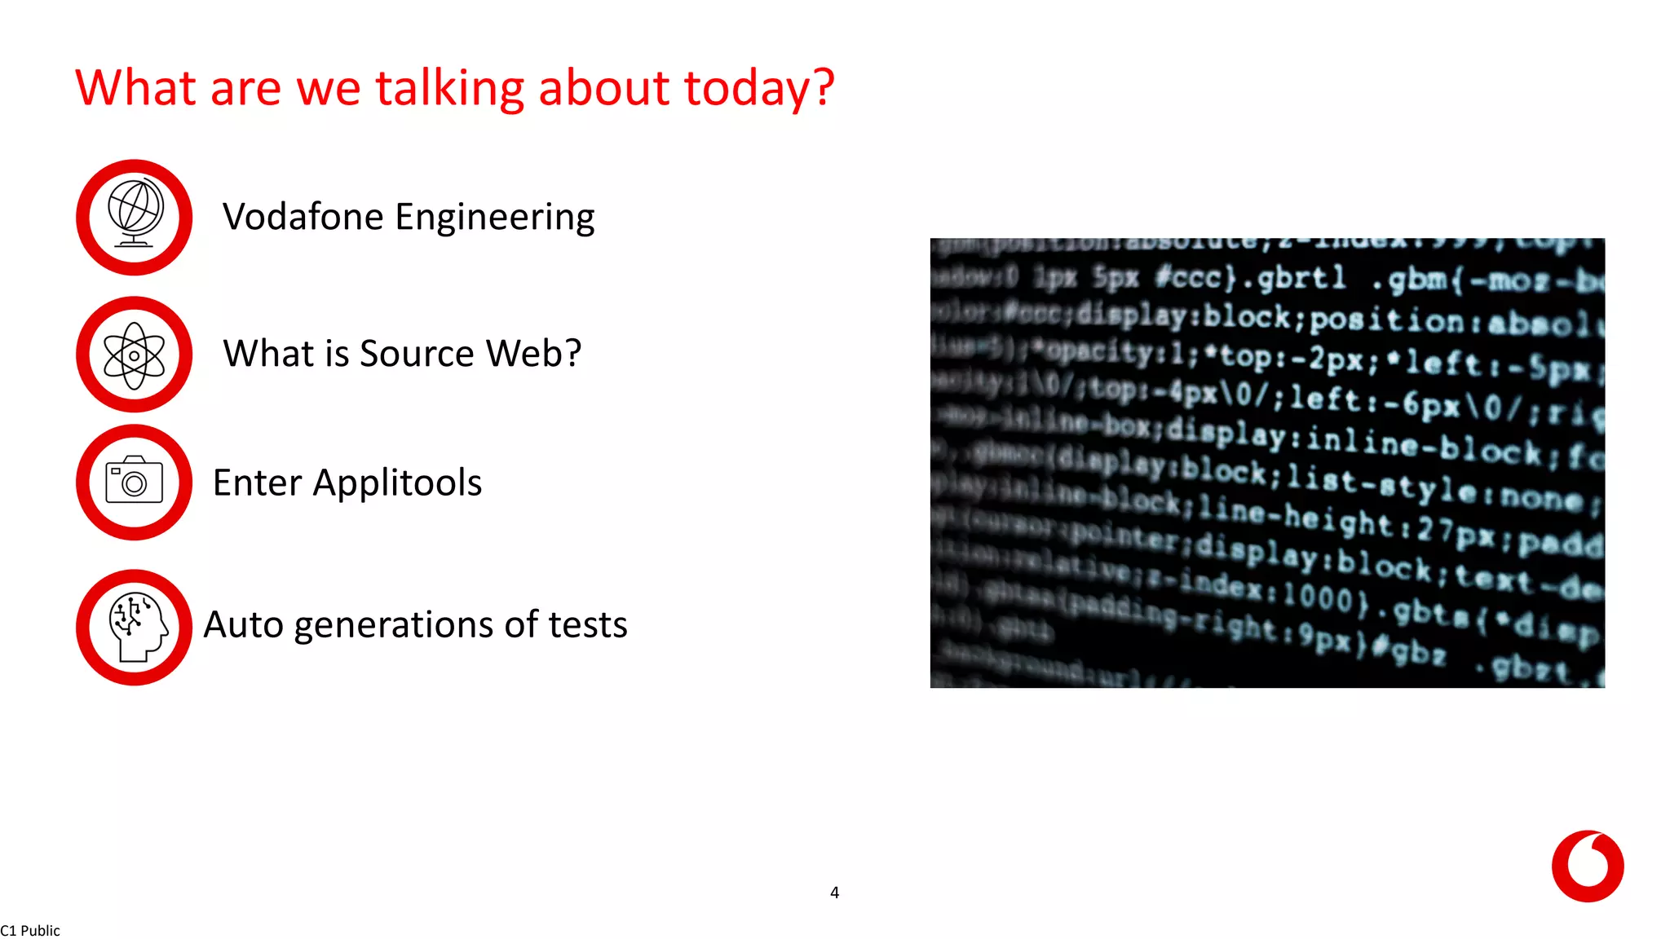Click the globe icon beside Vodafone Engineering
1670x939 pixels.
pyautogui.click(x=135, y=217)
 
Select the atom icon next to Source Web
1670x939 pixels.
pyautogui.click(x=135, y=355)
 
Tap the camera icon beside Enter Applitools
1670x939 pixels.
pyautogui.click(x=135, y=483)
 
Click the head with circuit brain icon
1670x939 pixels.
pyautogui.click(x=135, y=627)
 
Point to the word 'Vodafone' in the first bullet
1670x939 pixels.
pyautogui.click(x=303, y=217)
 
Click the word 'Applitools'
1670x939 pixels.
pyautogui.click(x=397, y=483)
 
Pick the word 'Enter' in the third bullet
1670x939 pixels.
pyautogui.click(x=258, y=483)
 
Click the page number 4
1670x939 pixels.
pyautogui.click(x=834, y=893)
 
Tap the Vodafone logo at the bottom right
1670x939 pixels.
pyautogui.click(x=1587, y=866)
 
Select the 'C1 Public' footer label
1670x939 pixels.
pyautogui.click(x=30, y=930)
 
